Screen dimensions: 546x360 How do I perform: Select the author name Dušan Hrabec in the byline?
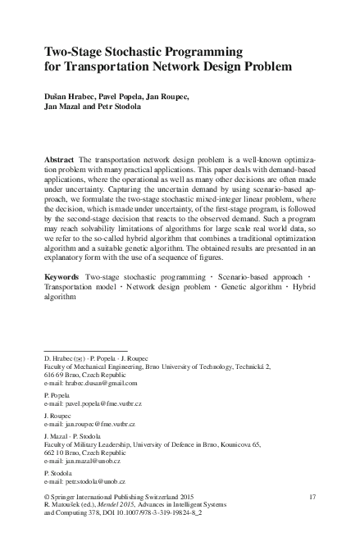[70, 97]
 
